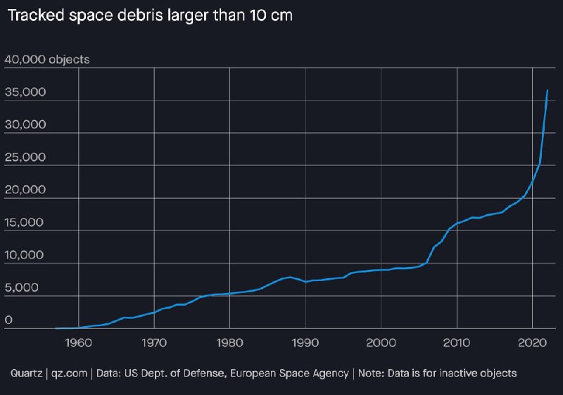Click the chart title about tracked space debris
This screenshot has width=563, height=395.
point(148,16)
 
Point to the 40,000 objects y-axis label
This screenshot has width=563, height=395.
point(47,60)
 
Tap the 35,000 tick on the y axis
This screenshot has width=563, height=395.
point(25,93)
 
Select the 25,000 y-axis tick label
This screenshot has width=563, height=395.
point(25,157)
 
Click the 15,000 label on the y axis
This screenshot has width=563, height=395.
point(25,223)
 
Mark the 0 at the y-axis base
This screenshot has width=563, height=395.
point(9,320)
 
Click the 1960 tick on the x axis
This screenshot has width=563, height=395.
point(78,343)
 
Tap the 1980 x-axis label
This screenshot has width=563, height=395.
point(229,343)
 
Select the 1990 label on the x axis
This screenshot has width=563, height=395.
point(305,343)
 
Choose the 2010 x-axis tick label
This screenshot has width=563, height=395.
point(457,343)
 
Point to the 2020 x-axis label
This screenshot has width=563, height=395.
point(533,343)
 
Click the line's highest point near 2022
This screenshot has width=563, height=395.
point(548,91)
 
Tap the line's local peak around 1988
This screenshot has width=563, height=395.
point(291,277)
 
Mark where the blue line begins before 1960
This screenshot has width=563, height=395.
point(56,328)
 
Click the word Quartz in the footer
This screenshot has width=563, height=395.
point(27,373)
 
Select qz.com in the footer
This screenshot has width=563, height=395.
point(68,373)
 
